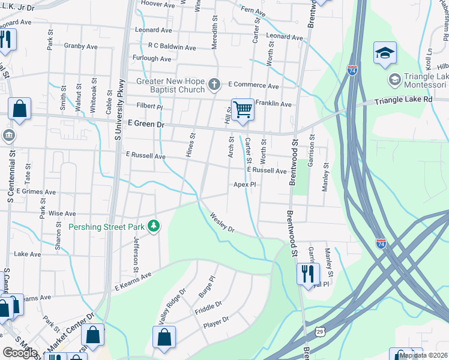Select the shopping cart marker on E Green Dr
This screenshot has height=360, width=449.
click(243, 110)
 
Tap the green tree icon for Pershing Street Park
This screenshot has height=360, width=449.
click(155, 226)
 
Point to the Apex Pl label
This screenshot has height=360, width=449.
click(245, 185)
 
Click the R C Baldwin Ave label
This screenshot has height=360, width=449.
click(172, 47)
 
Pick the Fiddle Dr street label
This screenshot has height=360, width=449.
click(208, 311)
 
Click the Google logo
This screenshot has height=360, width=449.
click(20, 353)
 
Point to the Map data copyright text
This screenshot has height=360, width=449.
click(423, 355)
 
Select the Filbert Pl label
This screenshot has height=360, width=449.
click(149, 106)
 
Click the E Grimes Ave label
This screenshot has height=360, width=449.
click(35, 192)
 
